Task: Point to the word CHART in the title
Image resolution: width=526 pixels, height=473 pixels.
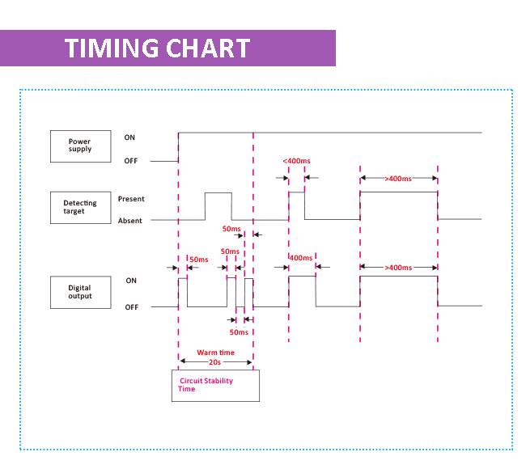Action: [x=208, y=49]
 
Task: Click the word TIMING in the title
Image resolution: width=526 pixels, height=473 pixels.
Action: [x=112, y=49]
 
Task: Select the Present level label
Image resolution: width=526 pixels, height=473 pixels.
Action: [x=131, y=199]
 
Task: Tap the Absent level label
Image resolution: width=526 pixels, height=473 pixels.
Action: [x=129, y=221]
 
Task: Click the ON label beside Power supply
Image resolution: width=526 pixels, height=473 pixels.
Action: [x=129, y=137]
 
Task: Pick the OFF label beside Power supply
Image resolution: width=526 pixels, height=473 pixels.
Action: [x=131, y=161]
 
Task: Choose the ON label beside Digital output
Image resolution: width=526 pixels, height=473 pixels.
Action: [x=131, y=281]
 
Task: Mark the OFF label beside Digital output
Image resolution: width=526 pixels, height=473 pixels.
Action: [x=131, y=307]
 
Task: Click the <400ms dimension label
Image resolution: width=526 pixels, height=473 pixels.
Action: [x=296, y=161]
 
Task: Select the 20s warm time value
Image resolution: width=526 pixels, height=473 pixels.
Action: [x=214, y=362]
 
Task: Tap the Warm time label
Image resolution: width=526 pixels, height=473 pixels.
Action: [x=216, y=353]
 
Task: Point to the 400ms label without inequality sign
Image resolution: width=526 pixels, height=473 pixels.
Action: [x=301, y=258]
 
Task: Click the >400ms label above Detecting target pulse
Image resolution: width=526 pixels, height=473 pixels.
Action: [x=398, y=179]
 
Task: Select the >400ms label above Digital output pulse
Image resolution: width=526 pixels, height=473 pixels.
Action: [x=398, y=268]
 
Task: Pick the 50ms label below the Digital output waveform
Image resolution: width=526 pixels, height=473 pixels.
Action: [x=239, y=332]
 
